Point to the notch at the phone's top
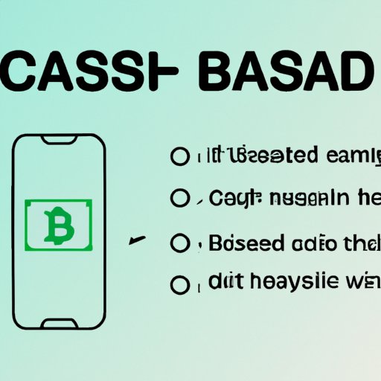tap(58, 141)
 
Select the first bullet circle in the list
tap(179, 156)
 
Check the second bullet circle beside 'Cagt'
tap(179, 198)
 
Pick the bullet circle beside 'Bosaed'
tap(179, 244)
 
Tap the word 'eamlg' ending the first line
tap(342, 157)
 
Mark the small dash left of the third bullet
tap(135, 240)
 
